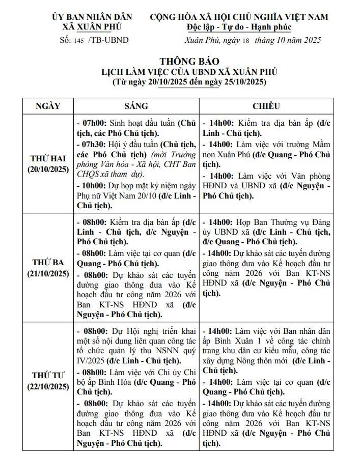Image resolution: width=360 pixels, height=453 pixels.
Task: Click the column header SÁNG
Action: coord(136,106)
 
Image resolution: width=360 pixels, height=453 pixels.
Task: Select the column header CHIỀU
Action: coord(266,106)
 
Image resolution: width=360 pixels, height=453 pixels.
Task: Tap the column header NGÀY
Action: coord(48,106)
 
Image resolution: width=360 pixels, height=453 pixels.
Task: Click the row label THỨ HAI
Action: coord(48,159)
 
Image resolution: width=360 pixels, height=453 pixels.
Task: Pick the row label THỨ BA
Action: coord(48,263)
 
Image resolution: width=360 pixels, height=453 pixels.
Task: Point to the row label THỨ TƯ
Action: coord(48,376)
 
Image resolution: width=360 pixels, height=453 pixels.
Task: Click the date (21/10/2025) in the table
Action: coord(48,273)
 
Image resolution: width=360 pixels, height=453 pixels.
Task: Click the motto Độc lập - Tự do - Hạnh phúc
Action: coord(238,27)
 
